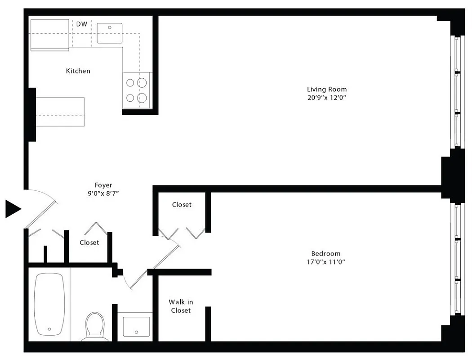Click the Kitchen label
[78, 71]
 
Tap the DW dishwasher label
[81, 24]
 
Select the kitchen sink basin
[110, 33]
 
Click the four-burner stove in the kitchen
[137, 90]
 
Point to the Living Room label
[327, 89]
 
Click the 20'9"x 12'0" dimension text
[327, 97]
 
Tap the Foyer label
[103, 185]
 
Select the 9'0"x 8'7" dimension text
[103, 193]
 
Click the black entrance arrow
[13, 209]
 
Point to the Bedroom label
[326, 253]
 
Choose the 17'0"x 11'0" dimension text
[326, 261]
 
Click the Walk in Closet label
[180, 306]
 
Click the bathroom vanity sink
[136, 326]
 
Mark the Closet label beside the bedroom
[182, 205]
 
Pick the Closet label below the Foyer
[89, 243]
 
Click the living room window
[457, 92]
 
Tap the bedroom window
[457, 259]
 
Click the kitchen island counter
[60, 112]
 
